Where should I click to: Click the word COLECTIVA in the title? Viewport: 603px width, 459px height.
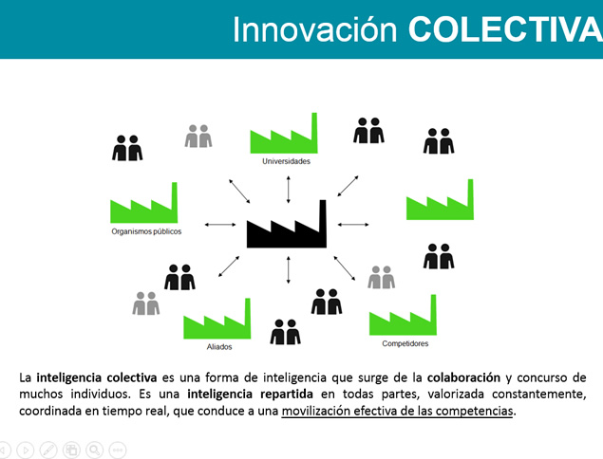click(505, 29)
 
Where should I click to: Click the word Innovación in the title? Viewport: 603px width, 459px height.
click(314, 29)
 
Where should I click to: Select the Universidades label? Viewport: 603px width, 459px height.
click(286, 161)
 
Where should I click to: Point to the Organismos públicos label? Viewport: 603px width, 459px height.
click(146, 231)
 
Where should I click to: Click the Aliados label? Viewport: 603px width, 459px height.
click(219, 347)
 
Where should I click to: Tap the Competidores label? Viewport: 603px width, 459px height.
click(405, 343)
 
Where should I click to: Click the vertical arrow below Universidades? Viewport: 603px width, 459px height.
click(288, 190)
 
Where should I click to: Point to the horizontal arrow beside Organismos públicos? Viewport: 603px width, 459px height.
click(220, 225)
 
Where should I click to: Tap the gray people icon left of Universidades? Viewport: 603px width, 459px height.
click(198, 136)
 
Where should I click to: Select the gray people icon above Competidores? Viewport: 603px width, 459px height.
click(381, 277)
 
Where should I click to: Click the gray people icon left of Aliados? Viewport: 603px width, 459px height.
click(146, 303)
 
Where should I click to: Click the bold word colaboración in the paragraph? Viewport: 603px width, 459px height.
click(463, 377)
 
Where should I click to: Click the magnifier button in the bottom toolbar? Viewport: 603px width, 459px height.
click(95, 450)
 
